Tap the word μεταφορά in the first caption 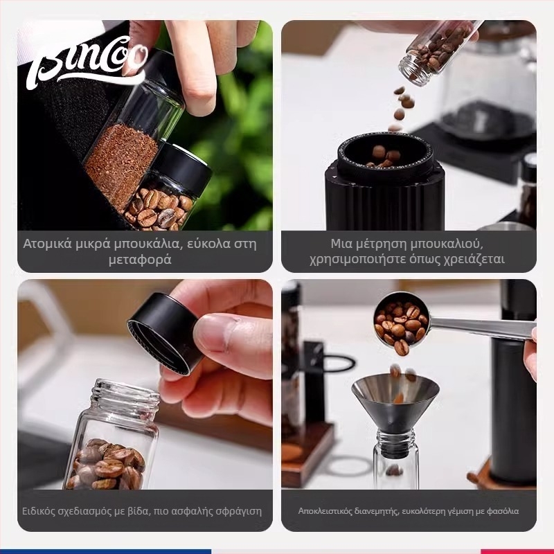point(140,260)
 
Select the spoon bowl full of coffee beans point(401,323)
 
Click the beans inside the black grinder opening point(384,157)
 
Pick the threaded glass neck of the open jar point(125,395)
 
